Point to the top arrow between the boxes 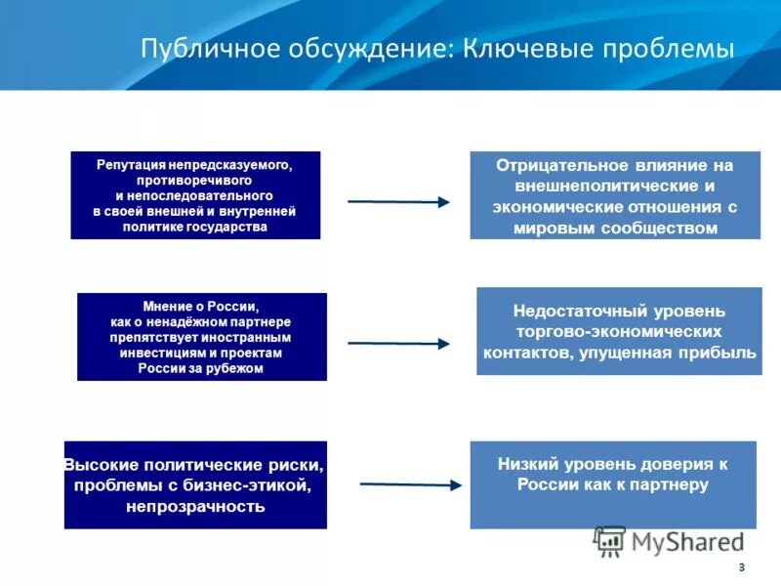(398, 202)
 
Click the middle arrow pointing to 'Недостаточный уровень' (398, 343)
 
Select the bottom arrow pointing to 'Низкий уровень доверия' (410, 484)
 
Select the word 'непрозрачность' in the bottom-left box (195, 507)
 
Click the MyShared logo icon (610, 541)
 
